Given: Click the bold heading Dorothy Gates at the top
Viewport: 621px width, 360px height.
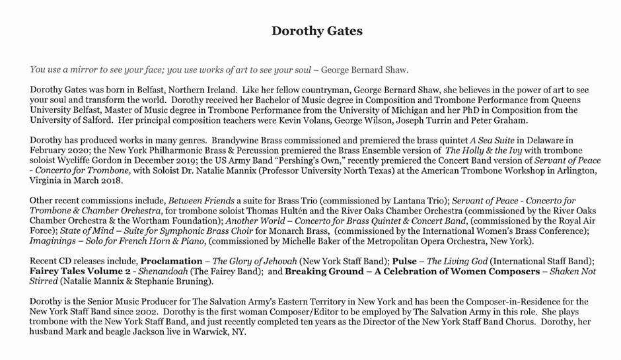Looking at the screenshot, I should (316, 31).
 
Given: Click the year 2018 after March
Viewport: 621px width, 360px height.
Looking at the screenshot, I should (110, 180).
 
